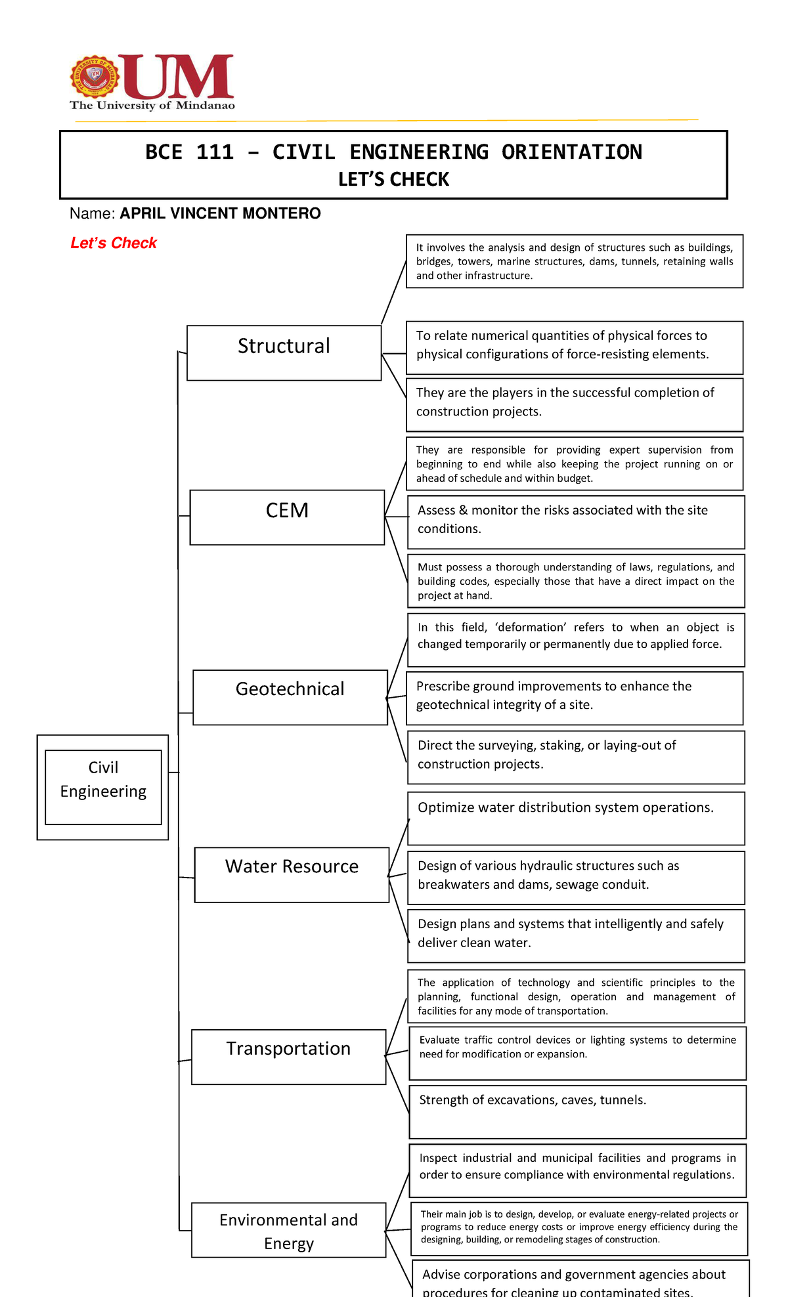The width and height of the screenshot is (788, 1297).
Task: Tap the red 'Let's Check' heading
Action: pyautogui.click(x=114, y=243)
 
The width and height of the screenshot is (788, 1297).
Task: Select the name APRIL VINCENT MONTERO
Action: pyautogui.click(x=220, y=213)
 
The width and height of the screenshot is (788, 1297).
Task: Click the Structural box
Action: pyautogui.click(x=284, y=352)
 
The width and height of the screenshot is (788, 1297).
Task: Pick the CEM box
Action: pyautogui.click(x=287, y=517)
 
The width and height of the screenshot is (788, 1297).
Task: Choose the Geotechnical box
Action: pyautogui.click(x=290, y=696)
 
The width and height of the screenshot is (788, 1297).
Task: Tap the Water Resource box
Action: pyautogui.click(x=292, y=874)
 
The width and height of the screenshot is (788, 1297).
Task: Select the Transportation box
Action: pyautogui.click(x=288, y=1056)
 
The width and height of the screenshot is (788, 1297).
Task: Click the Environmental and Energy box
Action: pyautogui.click(x=288, y=1229)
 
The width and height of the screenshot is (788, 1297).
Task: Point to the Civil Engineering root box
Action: pyautogui.click(x=103, y=786)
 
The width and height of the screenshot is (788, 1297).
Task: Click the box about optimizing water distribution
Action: pyautogui.click(x=576, y=818)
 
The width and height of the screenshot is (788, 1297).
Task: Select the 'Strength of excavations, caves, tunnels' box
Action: pyautogui.click(x=577, y=1111)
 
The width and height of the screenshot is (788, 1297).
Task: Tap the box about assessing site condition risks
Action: pyautogui.click(x=576, y=522)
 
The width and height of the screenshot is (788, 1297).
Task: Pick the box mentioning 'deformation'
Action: pyautogui.click(x=576, y=639)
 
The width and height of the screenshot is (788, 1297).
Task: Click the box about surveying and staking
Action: pyautogui.click(x=576, y=757)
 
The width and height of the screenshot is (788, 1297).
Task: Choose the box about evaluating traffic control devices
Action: pyautogui.click(x=577, y=1053)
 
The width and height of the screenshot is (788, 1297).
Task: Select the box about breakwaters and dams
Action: pyautogui.click(x=576, y=877)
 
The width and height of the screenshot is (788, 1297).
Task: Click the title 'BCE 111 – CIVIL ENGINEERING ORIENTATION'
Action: pyautogui.click(x=393, y=152)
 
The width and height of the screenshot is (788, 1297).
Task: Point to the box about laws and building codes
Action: pyautogui.click(x=576, y=581)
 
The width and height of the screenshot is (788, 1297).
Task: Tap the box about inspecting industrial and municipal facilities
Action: pyautogui.click(x=577, y=1170)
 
